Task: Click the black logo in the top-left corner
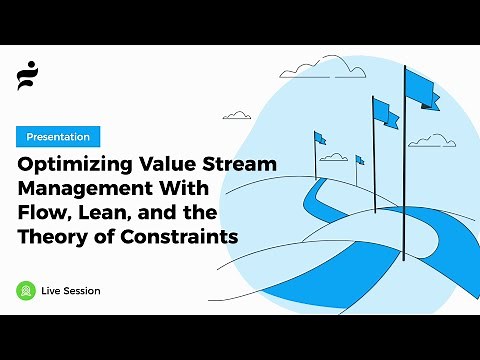click(x=27, y=75)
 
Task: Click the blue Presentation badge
click(x=57, y=137)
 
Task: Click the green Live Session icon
click(x=26, y=290)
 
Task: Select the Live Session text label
click(x=71, y=291)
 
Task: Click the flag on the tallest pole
click(x=421, y=91)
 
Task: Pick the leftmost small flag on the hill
click(x=320, y=138)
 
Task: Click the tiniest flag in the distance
click(x=360, y=160)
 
